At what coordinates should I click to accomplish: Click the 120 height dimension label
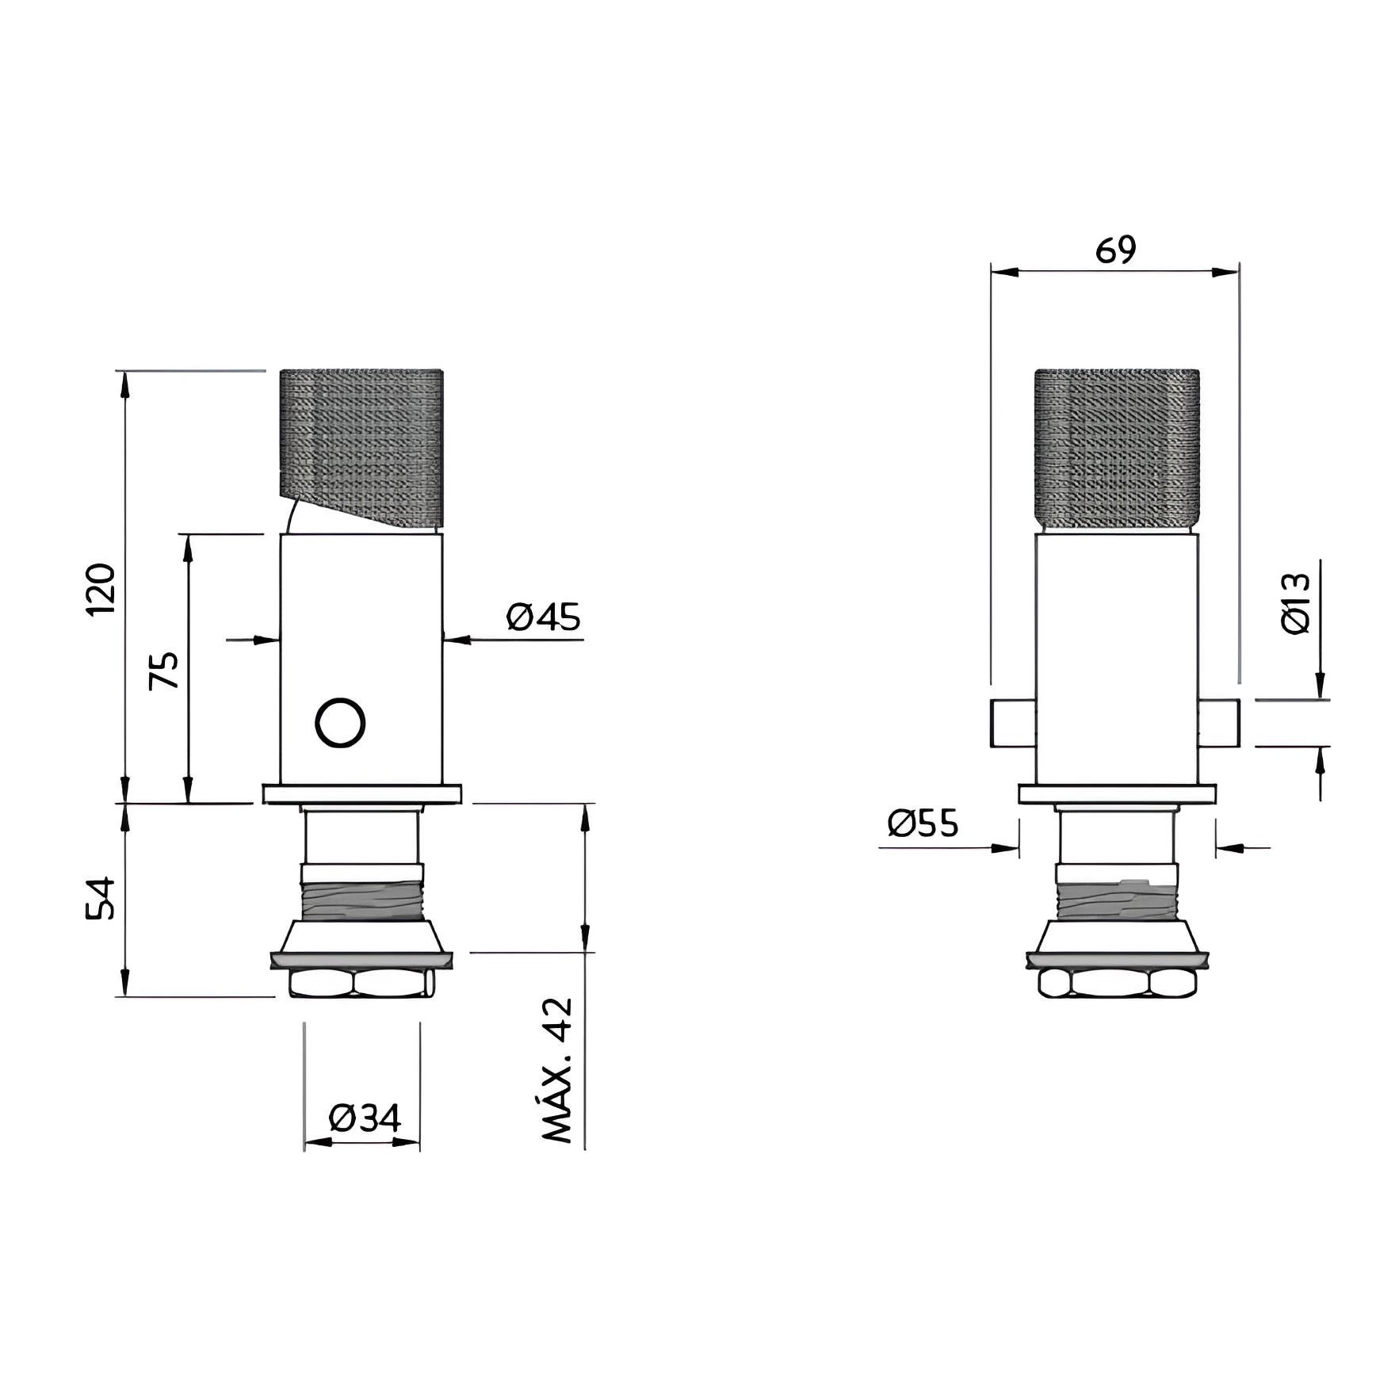click(x=101, y=589)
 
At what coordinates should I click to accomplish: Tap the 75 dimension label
click(x=165, y=671)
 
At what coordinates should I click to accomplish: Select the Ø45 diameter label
click(x=544, y=617)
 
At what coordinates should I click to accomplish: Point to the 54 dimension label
click(x=101, y=898)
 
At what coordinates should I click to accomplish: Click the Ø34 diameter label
click(x=365, y=1118)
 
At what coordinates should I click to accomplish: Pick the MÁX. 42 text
click(x=556, y=1070)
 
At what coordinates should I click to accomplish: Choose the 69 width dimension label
click(x=1115, y=250)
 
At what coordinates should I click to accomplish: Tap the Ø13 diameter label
click(x=1296, y=603)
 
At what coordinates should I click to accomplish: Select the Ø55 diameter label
click(x=923, y=823)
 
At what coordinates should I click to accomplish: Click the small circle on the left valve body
click(x=340, y=723)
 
